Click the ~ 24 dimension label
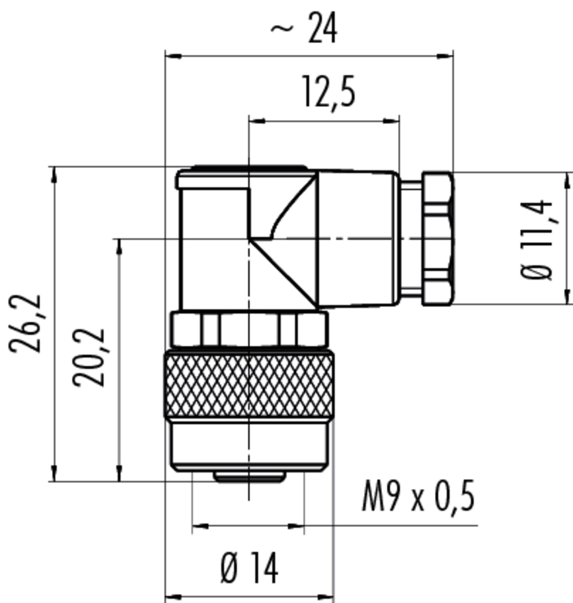pos(304,28)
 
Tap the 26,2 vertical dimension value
pos(25,323)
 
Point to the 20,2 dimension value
pos(89,357)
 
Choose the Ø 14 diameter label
pos(250,563)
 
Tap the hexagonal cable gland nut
pos(437,239)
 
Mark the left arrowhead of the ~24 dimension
pos(173,56)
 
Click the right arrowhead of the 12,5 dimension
pos(392,121)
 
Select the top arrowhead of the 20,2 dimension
pos(119,247)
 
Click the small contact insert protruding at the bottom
pos(249,477)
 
